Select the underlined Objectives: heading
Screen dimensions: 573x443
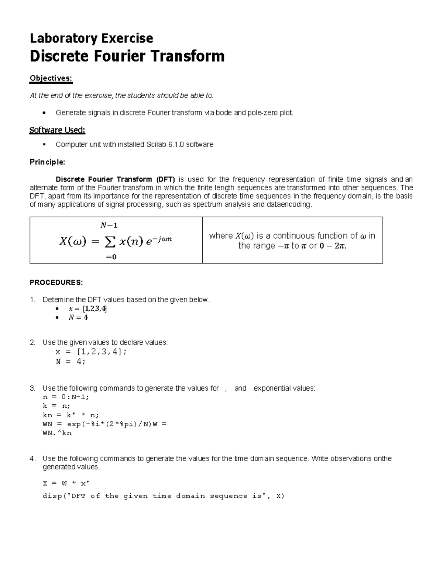coord(51,78)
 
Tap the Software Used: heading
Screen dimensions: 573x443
coord(57,130)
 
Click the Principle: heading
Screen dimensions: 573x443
coord(47,162)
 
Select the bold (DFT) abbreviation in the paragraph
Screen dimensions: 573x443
coord(165,180)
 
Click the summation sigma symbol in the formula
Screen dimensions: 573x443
coord(110,242)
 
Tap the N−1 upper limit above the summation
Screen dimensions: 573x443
coord(109,225)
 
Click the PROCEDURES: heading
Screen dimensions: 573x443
coord(56,283)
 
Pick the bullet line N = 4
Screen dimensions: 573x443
coord(78,318)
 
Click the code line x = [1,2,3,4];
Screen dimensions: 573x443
coord(91,352)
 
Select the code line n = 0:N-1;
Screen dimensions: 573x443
coord(66,397)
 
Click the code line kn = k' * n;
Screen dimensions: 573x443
coord(71,415)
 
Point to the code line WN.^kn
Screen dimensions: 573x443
coord(57,433)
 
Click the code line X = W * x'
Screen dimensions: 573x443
coord(66,483)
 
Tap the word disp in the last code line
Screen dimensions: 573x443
coord(52,496)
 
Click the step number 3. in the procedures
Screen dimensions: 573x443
coord(32,389)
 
